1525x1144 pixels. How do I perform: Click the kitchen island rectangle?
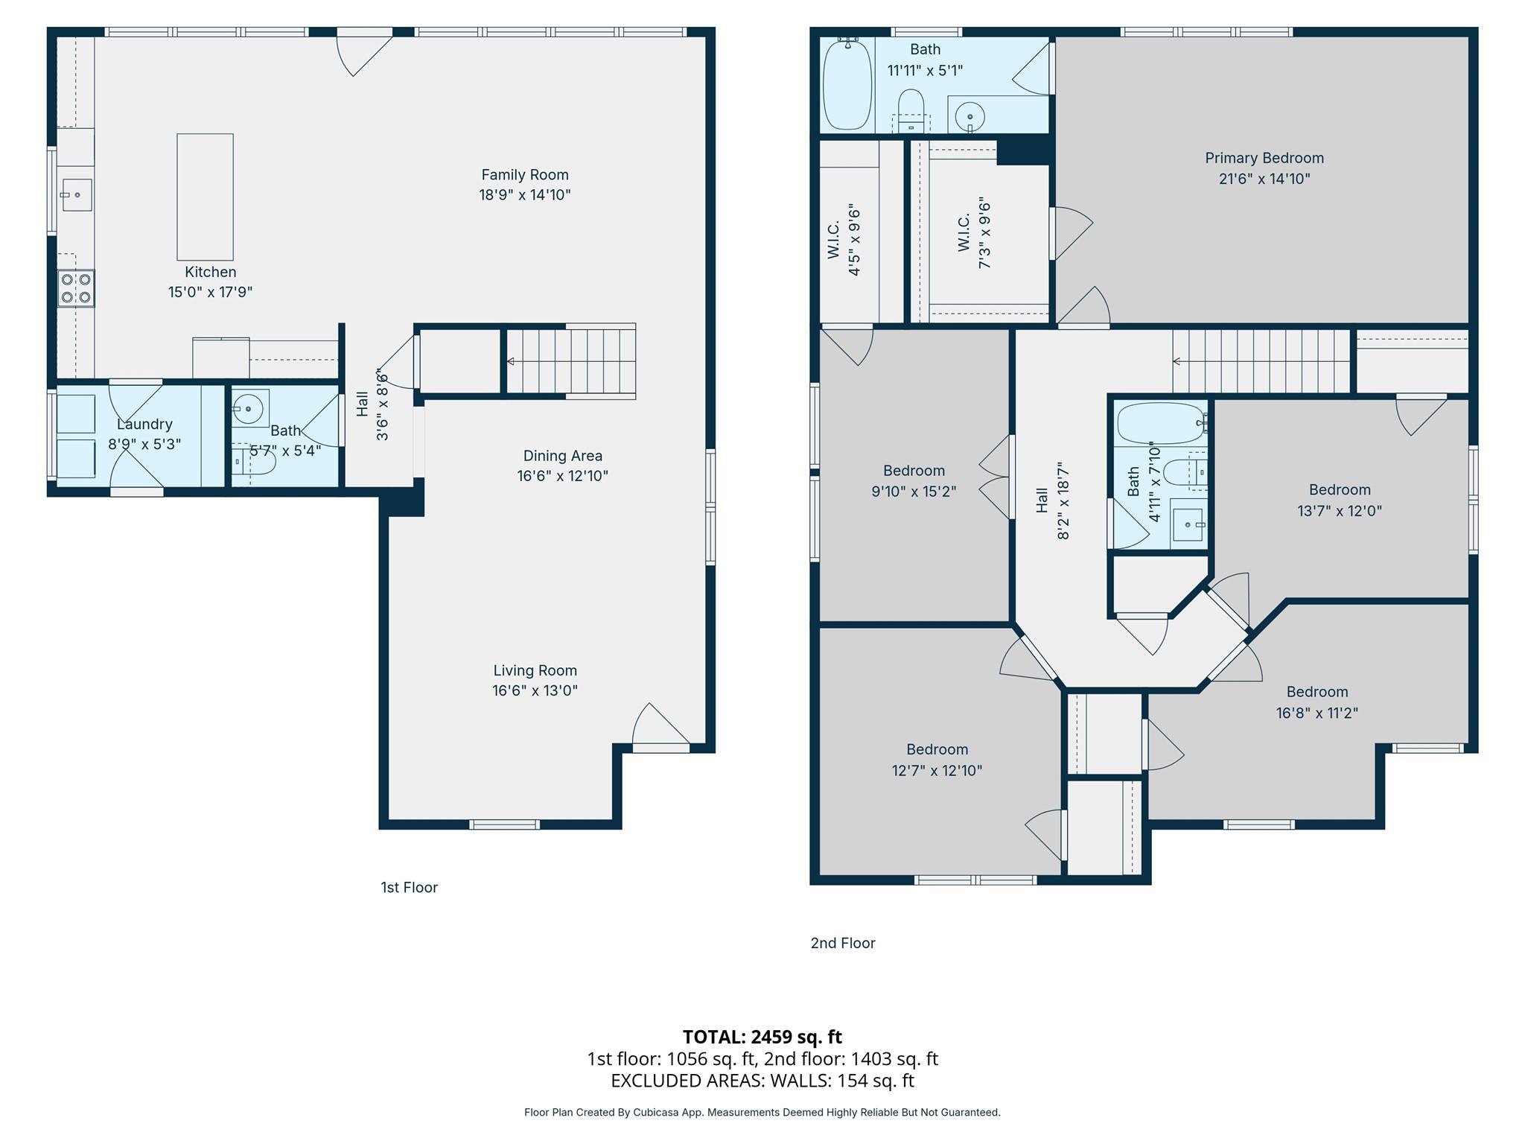(205, 197)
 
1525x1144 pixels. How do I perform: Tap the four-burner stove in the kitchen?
(76, 288)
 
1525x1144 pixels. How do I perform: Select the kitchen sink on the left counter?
(77, 194)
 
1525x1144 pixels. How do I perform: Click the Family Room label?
(524, 175)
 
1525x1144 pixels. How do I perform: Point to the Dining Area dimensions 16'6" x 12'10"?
(562, 476)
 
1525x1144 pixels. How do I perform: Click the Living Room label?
(535, 670)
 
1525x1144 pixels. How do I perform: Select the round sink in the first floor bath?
(246, 408)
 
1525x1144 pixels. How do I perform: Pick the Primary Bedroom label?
(1264, 158)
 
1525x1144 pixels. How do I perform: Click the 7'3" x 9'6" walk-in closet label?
(974, 233)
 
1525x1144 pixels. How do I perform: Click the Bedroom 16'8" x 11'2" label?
(1317, 702)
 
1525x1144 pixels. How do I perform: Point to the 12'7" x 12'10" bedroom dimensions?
(937, 771)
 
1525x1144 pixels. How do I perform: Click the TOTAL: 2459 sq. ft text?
(762, 1037)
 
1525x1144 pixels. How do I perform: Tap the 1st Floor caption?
(409, 887)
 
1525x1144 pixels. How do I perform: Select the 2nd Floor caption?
(842, 943)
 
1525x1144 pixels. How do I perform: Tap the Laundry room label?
(144, 424)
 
